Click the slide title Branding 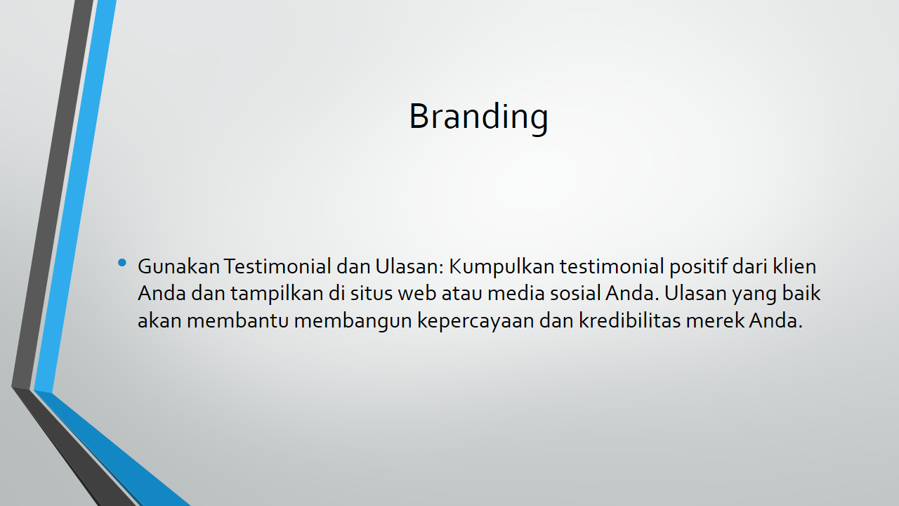pos(478,117)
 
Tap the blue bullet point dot pos(122,263)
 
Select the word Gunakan pos(178,266)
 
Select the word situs pos(372,293)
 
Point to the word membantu pos(238,320)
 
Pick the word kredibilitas pos(630,320)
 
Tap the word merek pos(715,320)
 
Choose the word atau pos(462,294)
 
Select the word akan pos(159,320)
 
